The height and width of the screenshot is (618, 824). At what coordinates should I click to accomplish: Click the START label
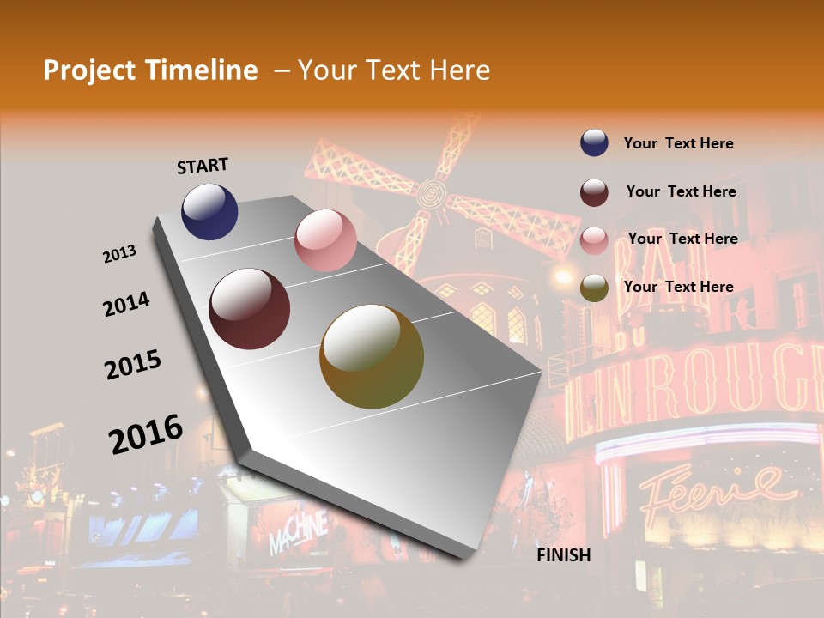(203, 166)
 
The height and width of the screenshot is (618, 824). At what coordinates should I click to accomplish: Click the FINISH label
(563, 555)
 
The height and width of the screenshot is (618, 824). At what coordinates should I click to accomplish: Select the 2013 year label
(120, 254)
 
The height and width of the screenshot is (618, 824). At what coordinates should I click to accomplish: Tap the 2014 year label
(127, 304)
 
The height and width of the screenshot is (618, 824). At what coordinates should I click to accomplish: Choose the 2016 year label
(146, 433)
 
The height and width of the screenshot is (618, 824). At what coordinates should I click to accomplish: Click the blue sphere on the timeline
(209, 211)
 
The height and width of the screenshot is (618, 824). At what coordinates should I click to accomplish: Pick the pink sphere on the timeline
(325, 240)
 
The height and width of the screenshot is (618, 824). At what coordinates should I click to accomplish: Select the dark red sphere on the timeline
(250, 309)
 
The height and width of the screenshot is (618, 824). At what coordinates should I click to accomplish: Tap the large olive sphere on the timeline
(372, 356)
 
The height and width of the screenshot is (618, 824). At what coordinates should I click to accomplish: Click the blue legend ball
(594, 143)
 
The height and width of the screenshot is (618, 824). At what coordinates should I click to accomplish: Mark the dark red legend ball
(594, 192)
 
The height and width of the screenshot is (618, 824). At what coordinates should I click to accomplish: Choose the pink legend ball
(594, 240)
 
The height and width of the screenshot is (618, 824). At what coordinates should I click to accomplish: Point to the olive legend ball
(594, 288)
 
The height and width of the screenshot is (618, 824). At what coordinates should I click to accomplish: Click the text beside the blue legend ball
(678, 143)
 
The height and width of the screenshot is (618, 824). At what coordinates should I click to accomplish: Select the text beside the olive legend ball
(678, 287)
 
